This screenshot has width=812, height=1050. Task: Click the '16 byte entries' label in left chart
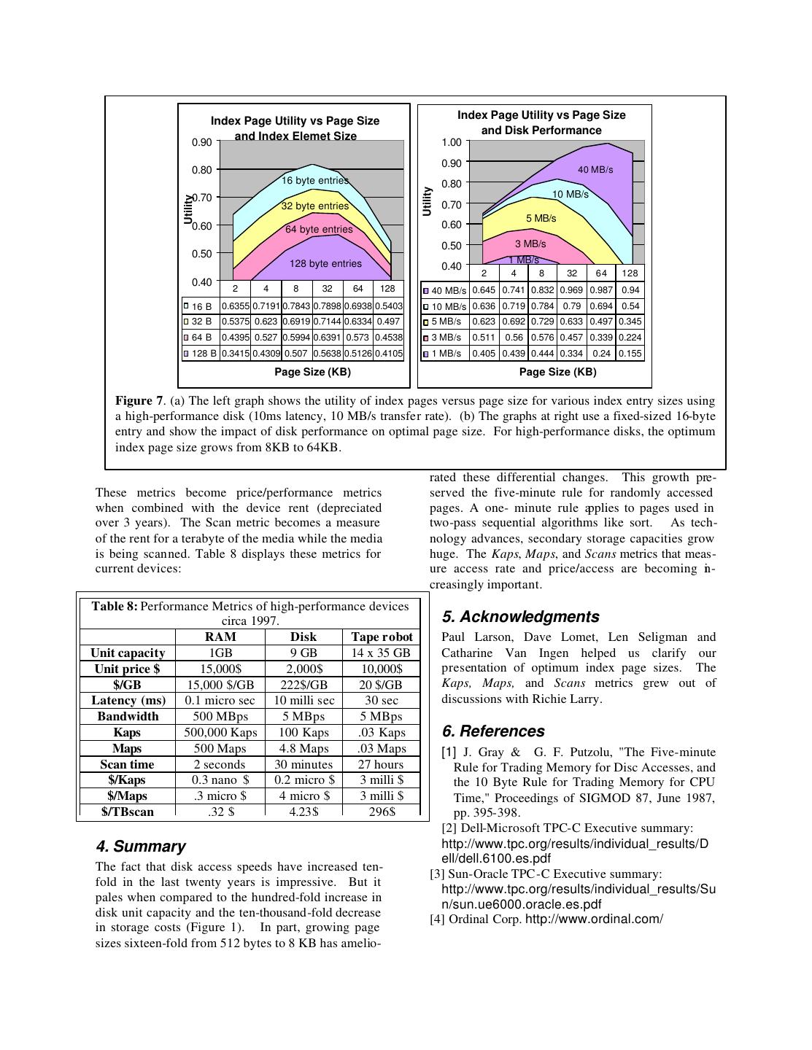[315, 180]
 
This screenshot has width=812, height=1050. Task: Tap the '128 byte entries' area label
[325, 263]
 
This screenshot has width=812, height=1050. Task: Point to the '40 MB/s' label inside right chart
[595, 169]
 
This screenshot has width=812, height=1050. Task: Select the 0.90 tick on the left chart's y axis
[202, 142]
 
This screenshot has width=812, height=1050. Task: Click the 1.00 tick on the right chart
[452, 142]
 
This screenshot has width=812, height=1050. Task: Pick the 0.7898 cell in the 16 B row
[327, 306]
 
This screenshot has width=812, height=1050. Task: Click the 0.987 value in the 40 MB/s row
[601, 290]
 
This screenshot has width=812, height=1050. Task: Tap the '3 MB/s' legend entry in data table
[445, 338]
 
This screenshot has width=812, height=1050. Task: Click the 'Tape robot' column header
[382, 637]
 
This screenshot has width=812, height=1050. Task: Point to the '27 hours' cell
[381, 764]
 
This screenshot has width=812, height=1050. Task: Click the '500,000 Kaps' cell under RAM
[220, 732]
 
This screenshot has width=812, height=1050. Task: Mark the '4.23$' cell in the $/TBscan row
[303, 811]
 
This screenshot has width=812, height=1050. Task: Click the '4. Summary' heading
[141, 847]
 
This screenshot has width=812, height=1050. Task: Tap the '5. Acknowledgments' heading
[520, 617]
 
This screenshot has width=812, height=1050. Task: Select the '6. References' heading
[493, 731]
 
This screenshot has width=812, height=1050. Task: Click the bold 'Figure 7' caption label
[139, 400]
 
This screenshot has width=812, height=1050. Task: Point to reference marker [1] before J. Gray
[449, 752]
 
